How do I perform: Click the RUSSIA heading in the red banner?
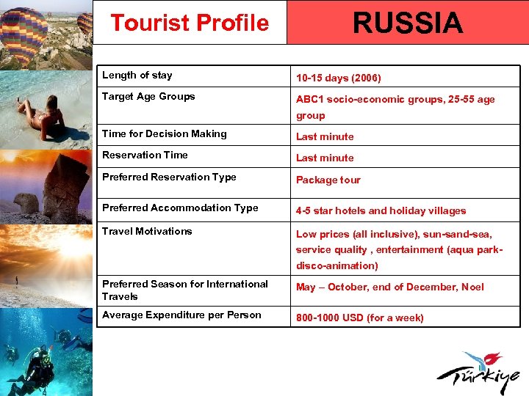tap(407, 23)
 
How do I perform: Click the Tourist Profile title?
tap(190, 23)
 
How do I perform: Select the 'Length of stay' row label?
tap(137, 75)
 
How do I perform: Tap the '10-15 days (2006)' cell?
tap(338, 78)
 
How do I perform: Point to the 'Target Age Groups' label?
tap(148, 96)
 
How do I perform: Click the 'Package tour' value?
tap(328, 180)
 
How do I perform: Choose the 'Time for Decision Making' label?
tap(165, 133)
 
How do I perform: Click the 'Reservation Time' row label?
tap(145, 155)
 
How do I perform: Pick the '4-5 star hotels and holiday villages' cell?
tap(381, 210)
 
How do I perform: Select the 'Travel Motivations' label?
tap(147, 231)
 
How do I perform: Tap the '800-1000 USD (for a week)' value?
tap(359, 318)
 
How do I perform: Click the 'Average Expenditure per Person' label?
tap(181, 315)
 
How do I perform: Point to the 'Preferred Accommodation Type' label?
tap(180, 208)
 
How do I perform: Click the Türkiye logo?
tap(481, 373)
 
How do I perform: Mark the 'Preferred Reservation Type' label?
tap(169, 177)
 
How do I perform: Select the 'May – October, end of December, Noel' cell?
tap(389, 287)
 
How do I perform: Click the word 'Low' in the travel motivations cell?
tap(306, 235)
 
